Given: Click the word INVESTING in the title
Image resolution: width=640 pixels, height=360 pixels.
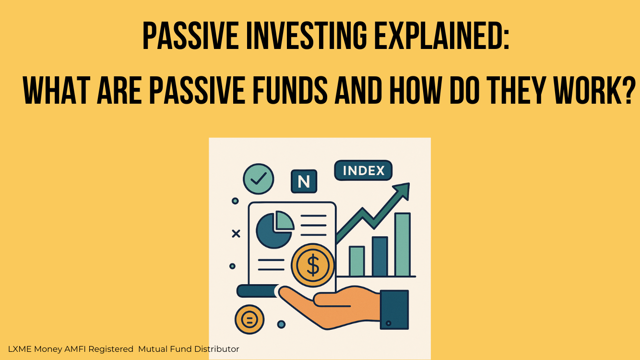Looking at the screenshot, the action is (306, 36).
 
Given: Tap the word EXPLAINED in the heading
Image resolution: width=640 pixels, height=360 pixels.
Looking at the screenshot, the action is (442, 36).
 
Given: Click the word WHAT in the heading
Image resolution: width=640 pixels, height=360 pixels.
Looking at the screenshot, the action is (57, 90).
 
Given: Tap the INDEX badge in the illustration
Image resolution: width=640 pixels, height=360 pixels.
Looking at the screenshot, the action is (363, 170).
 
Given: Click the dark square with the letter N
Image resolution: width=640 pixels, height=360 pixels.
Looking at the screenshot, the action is (304, 181).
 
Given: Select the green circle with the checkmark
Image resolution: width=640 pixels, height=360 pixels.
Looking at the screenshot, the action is (258, 179).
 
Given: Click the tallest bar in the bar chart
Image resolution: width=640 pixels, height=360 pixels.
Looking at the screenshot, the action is (403, 244).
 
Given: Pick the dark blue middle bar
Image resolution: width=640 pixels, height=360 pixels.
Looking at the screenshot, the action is (379, 256).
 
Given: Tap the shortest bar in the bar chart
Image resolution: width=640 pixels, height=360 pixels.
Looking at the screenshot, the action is (357, 261).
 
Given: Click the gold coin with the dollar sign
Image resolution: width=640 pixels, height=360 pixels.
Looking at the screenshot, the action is (313, 265).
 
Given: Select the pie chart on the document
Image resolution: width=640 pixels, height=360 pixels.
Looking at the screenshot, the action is (274, 229).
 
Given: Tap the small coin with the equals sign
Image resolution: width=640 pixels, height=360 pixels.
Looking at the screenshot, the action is (249, 319).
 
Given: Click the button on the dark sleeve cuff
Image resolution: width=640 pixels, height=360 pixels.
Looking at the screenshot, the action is (388, 324).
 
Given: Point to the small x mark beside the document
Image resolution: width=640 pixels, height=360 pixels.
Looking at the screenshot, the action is (236, 234).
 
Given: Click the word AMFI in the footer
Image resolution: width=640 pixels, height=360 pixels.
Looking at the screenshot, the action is (75, 349).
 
